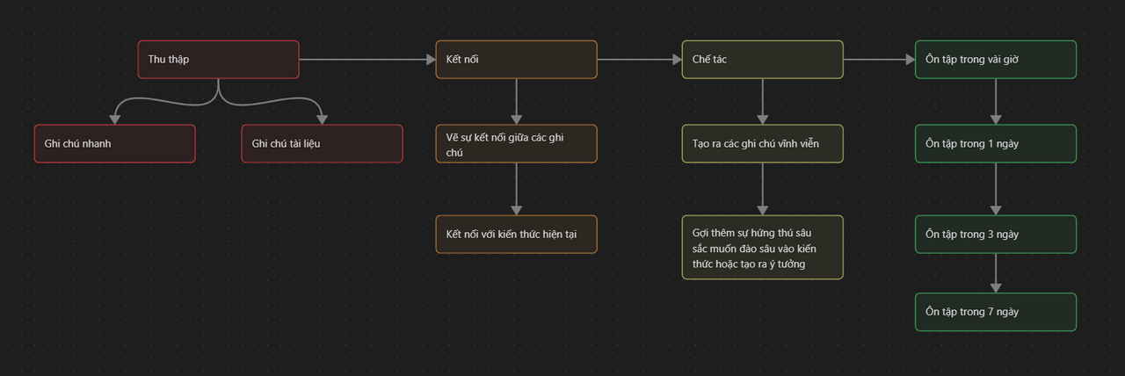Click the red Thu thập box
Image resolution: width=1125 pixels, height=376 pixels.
point(218,60)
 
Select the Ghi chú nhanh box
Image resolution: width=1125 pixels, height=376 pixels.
point(114,144)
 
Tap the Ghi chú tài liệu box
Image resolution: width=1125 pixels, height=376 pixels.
point(322,144)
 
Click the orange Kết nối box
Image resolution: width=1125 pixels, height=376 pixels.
point(516,60)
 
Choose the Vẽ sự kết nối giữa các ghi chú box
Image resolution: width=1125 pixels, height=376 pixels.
point(516,144)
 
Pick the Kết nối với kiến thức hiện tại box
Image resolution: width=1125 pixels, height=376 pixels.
point(516,235)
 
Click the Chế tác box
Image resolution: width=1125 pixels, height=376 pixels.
point(762,60)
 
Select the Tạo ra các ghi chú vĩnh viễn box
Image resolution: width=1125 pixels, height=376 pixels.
point(762,144)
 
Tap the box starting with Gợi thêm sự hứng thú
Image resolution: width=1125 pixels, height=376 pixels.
point(762,248)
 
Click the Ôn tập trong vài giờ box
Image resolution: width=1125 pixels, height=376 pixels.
point(995,60)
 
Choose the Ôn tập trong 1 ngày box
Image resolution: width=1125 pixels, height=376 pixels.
point(995,144)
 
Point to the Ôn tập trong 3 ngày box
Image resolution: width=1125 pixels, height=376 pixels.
point(995,235)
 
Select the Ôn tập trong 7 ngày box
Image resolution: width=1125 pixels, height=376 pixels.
point(995,312)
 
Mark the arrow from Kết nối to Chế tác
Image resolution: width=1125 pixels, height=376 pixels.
point(639,60)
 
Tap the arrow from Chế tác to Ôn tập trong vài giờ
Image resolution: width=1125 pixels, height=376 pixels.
point(879,60)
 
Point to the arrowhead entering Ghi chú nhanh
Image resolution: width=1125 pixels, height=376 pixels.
point(114,119)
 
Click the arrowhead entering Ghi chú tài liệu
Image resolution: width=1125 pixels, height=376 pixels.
point(322,119)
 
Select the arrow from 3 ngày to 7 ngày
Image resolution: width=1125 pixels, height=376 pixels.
point(995,272)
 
